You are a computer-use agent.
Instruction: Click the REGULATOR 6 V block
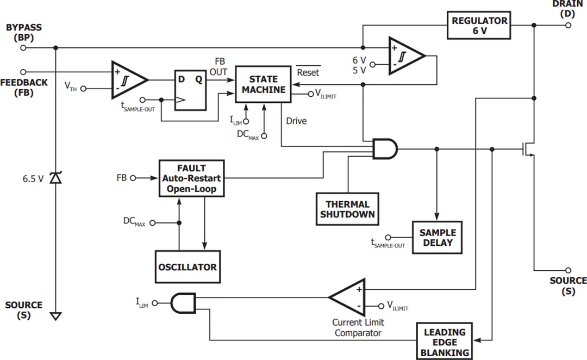(479, 25)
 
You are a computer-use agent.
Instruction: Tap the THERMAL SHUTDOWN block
(347, 209)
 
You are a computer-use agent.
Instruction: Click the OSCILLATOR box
(188, 266)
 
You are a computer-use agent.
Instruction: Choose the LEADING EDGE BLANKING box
(445, 342)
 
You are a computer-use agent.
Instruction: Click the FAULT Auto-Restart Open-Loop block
(191, 178)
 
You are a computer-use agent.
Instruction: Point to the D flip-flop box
(190, 90)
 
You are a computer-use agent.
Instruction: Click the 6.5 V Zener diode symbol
(55, 178)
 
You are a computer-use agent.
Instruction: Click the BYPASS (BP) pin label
(23, 32)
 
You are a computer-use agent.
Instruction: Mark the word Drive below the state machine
(296, 121)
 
